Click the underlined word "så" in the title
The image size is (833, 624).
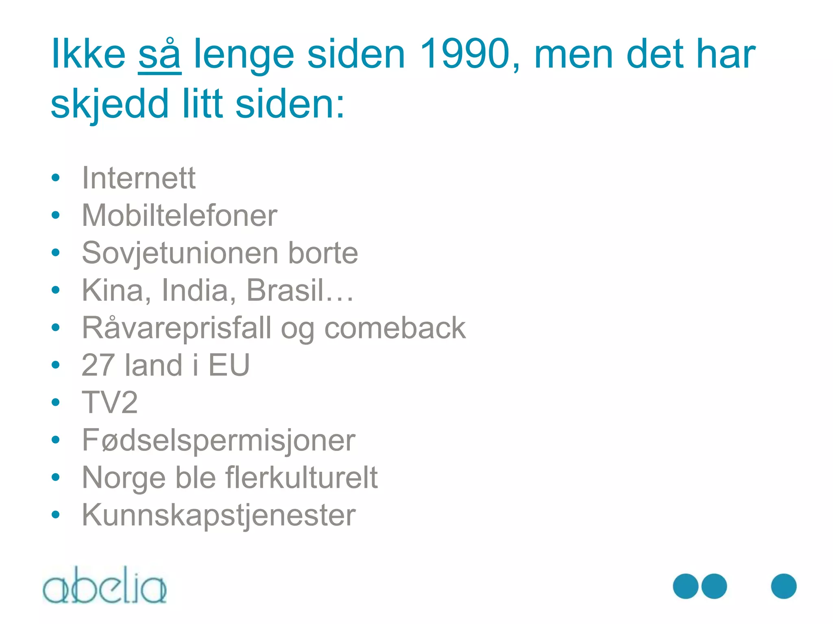pos(159,55)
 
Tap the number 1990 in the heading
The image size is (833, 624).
pos(464,54)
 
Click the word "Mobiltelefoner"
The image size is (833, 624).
pos(179,215)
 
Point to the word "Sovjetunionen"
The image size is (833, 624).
pos(179,253)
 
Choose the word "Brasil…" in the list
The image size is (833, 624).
pos(300,290)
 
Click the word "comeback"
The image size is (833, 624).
pos(395,328)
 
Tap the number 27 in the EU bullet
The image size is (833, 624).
pos(98,365)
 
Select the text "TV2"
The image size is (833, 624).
pos(110,403)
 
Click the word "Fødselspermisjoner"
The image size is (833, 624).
pos(218,440)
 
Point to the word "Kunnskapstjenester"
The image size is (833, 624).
pos(219,515)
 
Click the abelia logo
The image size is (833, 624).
pos(105,585)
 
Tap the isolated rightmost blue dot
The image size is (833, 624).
pos(783,586)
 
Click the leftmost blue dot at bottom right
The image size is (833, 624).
pos(686,586)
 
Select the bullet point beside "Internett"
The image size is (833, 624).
pos(56,178)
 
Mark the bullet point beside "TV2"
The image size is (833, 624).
pos(56,402)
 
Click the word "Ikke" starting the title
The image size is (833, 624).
pos(88,54)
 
